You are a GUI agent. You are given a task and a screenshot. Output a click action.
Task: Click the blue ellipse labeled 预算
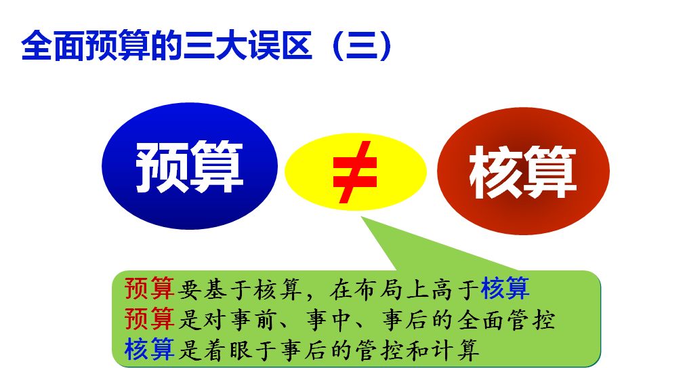coord(190,166)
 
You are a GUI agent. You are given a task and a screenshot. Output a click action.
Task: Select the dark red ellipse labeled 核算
coord(523,171)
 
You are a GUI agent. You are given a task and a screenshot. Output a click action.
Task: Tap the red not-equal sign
coord(355,171)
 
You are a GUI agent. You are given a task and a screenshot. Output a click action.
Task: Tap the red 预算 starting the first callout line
coord(150,289)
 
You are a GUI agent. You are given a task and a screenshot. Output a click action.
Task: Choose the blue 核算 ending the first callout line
coord(505,289)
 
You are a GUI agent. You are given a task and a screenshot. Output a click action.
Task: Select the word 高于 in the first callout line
coord(454,289)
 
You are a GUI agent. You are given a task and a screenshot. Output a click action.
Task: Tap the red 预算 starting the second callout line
coord(150,319)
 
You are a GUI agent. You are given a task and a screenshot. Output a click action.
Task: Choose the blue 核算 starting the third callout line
coord(150,349)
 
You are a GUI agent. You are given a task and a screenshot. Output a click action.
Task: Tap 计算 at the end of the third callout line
coord(455,349)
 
